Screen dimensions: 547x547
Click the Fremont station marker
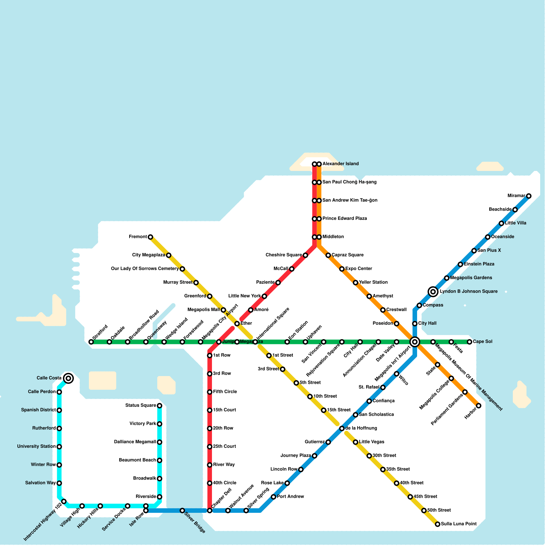[x=150, y=237]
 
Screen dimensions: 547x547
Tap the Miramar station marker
[x=529, y=196]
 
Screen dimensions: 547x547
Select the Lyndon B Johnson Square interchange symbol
[x=433, y=292]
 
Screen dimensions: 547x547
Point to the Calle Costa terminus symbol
[x=68, y=378]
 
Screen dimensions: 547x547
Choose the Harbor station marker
[x=479, y=406]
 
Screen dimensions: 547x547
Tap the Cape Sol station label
[x=482, y=342]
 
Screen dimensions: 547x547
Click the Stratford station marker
[x=91, y=342]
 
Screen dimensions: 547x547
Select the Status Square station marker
[x=159, y=406]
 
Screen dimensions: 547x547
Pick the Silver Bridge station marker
[x=182, y=510]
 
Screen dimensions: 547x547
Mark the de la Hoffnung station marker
[x=342, y=428]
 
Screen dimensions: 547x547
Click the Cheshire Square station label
[x=283, y=255]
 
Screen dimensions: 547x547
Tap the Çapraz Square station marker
[x=328, y=255]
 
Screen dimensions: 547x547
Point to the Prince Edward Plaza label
[x=345, y=218]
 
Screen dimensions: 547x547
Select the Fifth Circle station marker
[x=210, y=392]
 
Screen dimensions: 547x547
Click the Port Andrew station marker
[x=273, y=497]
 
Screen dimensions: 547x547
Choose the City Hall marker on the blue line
[x=415, y=323]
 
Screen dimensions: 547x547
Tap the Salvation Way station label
[x=40, y=483]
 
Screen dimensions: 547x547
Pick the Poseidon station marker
[x=397, y=323]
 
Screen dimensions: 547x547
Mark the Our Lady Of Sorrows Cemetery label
[x=145, y=269]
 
